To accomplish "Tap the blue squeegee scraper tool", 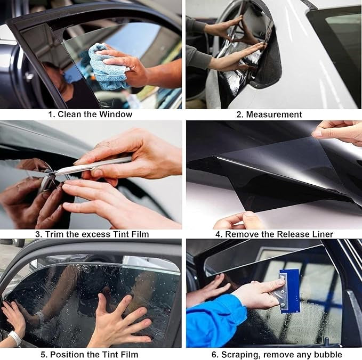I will coord(288,290).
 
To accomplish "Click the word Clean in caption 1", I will coord(70,114).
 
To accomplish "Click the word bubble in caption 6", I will coord(328,354).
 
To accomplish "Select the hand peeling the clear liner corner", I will coord(339,131).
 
